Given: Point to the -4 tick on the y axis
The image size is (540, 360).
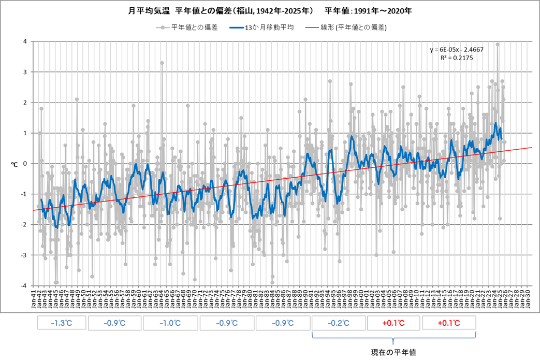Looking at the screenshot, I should point(24,285).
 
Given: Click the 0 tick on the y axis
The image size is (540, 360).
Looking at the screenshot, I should point(25,164).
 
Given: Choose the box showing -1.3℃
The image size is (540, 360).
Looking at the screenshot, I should point(61,323).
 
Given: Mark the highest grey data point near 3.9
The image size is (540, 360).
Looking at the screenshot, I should point(498,45).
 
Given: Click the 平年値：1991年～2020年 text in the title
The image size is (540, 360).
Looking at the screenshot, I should point(368,10).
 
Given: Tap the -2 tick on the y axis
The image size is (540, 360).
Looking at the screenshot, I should point(24,224).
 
